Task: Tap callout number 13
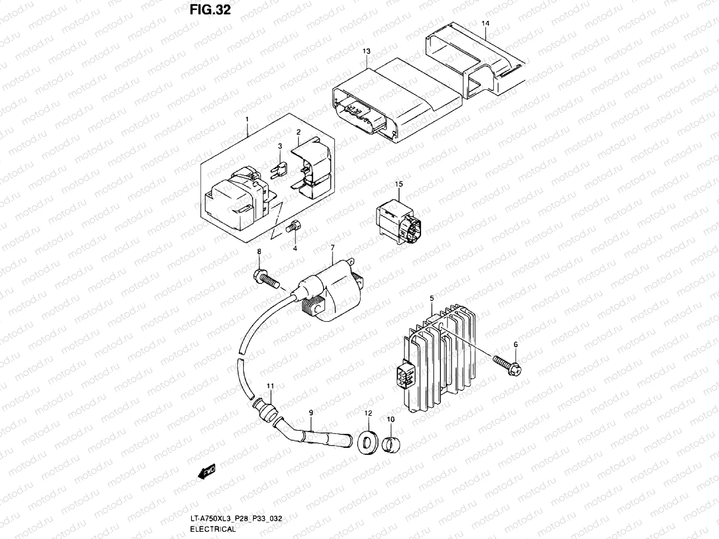pos(367,52)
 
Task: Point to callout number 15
pos(399,184)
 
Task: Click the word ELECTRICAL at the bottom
pos(213,529)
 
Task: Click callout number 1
pos(247,119)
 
